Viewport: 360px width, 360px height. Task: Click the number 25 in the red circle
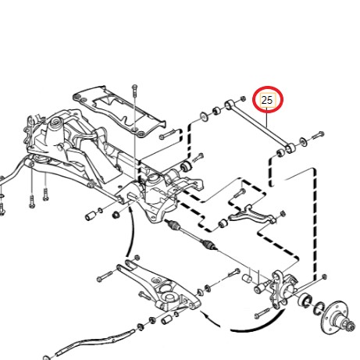point(267,100)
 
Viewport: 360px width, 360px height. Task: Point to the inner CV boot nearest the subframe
point(173,224)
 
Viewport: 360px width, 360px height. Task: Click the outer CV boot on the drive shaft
point(209,244)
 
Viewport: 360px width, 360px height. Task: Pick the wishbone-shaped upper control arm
point(251,215)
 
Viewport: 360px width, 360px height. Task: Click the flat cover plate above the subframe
point(119,110)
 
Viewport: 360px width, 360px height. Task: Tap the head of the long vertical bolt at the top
point(134,87)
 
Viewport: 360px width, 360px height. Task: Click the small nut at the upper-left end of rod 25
point(243,98)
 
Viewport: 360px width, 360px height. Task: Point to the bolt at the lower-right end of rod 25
point(317,135)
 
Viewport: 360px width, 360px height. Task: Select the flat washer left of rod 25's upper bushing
point(203,116)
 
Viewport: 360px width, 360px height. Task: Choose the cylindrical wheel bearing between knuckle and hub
point(305,300)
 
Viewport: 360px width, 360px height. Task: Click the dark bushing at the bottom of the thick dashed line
point(186,166)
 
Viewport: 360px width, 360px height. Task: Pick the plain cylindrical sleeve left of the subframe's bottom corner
point(91,216)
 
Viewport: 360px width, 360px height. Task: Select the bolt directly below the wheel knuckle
point(263,313)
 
